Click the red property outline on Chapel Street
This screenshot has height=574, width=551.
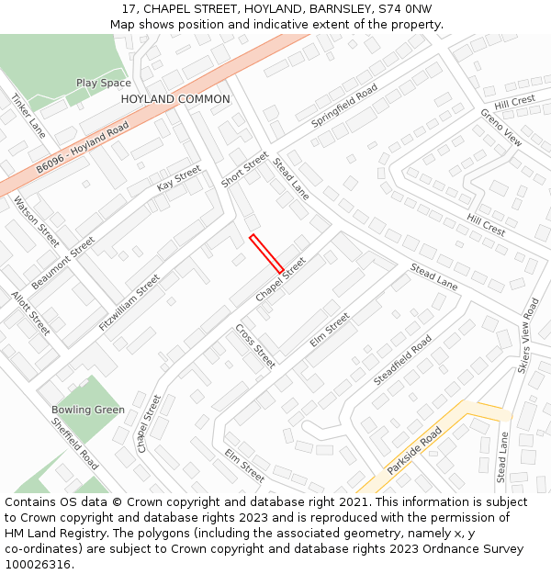click(266, 253)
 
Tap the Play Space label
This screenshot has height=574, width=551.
click(103, 83)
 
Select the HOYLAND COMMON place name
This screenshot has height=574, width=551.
click(175, 99)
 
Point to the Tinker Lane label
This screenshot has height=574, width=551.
click(28, 116)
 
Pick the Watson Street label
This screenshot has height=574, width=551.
click(37, 221)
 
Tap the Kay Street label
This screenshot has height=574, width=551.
click(178, 177)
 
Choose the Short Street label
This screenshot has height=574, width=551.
click(244, 169)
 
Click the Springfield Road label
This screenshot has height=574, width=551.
click(344, 106)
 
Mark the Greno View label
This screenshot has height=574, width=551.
click(500, 128)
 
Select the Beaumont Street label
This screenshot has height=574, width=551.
click(63, 262)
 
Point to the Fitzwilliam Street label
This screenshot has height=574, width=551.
click(129, 302)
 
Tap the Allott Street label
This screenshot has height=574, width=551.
click(30, 313)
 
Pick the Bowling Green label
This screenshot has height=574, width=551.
click(88, 410)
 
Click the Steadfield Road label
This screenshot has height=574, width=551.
click(402, 360)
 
